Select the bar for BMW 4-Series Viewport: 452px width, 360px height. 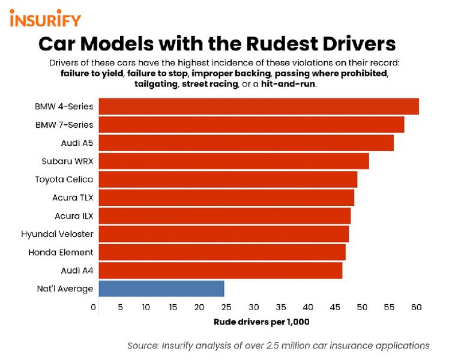[258, 106]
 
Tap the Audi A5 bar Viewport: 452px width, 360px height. [246, 143]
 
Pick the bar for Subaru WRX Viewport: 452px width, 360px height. [234, 161]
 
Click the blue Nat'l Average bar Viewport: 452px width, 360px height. [161, 289]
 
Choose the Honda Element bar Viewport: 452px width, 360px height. [222, 252]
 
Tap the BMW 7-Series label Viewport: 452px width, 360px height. [66, 125]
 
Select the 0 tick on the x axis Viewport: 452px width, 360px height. [94, 307]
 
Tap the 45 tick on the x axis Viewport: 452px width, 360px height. [335, 307]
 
